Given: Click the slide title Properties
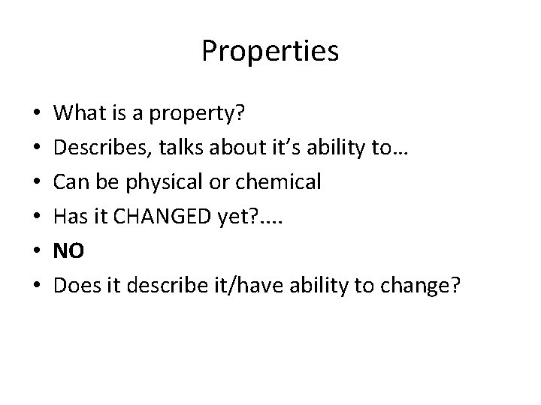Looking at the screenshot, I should (x=270, y=52).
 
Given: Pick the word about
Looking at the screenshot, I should (x=217, y=148).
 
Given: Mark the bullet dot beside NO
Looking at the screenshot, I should (x=37, y=250).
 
